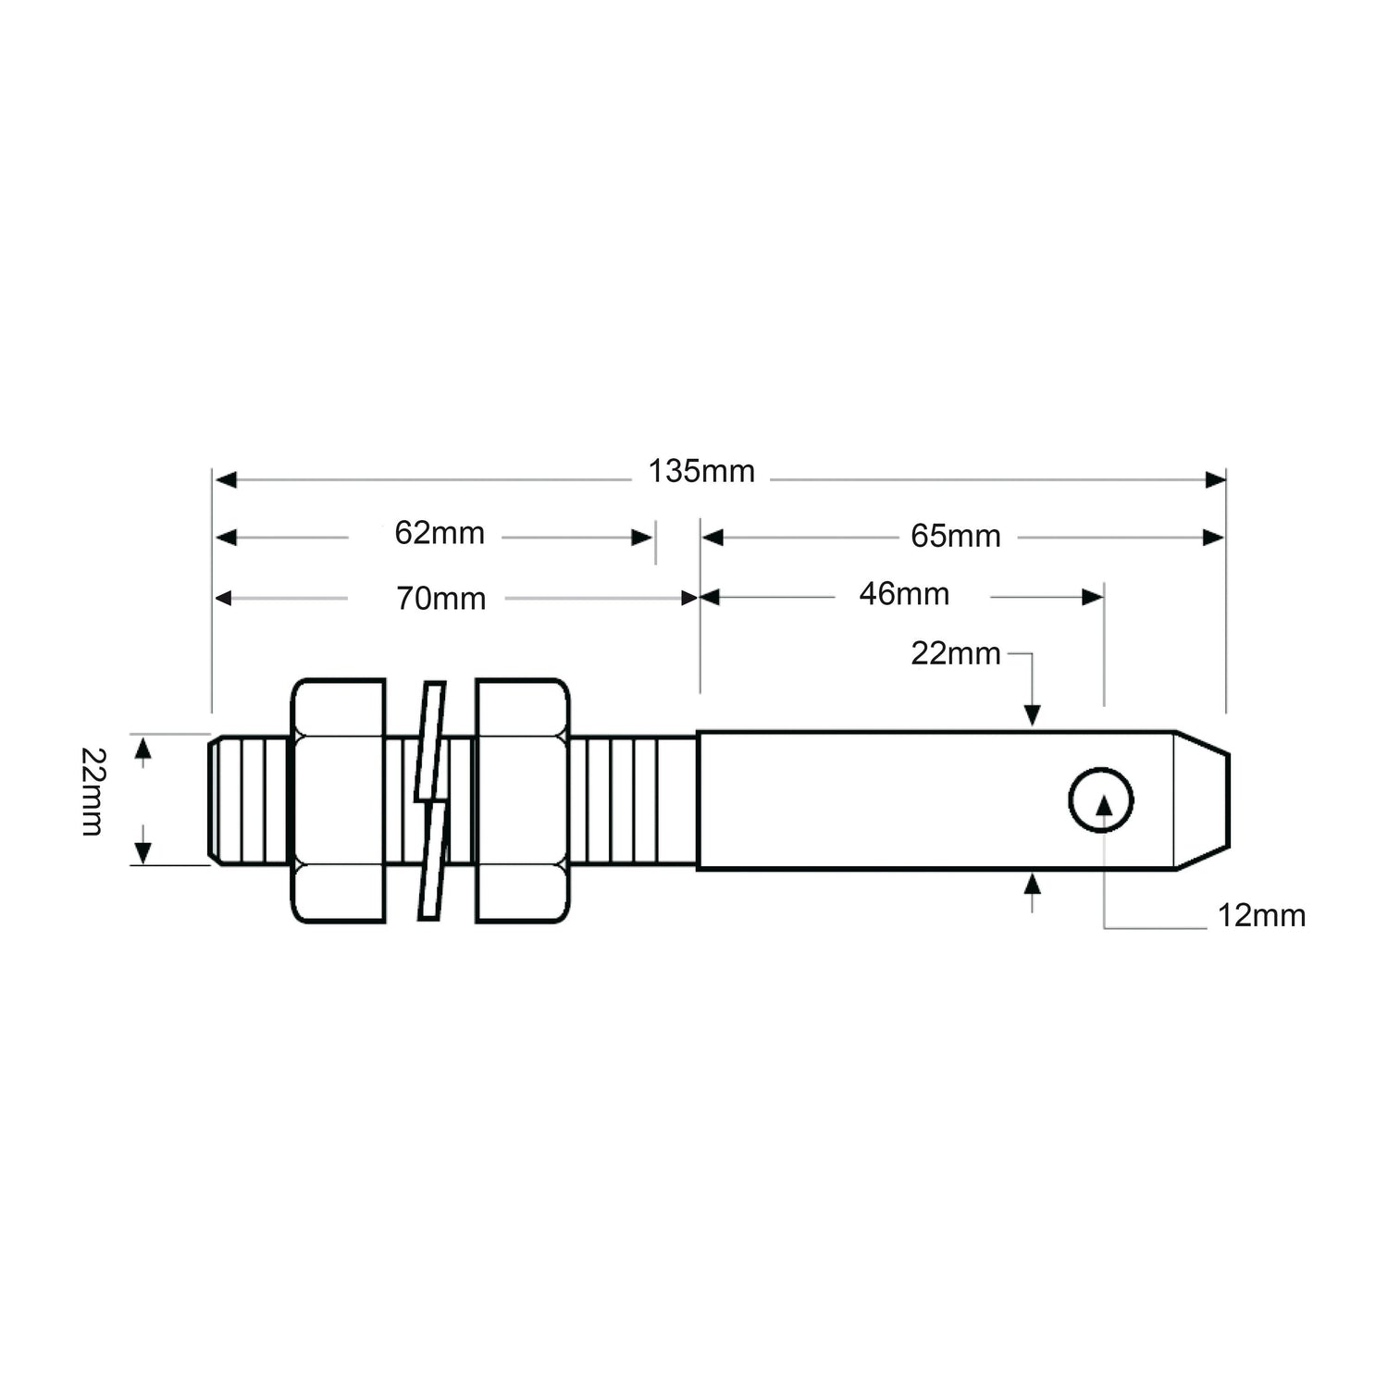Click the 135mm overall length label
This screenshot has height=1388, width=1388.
tap(701, 472)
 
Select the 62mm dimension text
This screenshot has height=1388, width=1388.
tap(440, 534)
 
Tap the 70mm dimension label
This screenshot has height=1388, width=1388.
tap(441, 600)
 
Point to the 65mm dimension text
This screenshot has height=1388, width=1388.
tap(956, 537)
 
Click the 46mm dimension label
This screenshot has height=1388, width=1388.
tap(904, 594)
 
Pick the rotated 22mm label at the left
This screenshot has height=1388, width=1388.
tap(93, 792)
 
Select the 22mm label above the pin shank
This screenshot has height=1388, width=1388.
tap(956, 654)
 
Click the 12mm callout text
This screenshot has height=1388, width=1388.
tap(1260, 916)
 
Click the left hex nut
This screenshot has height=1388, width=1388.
tap(339, 800)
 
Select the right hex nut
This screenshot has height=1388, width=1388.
tap(522, 800)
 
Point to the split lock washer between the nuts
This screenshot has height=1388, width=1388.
tap(431, 800)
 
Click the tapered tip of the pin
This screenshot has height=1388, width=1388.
tap(1203, 800)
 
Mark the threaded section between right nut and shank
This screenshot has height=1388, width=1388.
tap(633, 800)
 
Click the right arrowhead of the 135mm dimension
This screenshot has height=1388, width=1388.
tap(1215, 479)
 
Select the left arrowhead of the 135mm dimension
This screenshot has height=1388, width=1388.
tap(225, 479)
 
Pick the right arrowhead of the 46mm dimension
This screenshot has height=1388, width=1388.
tap(1093, 598)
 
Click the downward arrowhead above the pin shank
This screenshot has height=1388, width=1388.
tap(1033, 714)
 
